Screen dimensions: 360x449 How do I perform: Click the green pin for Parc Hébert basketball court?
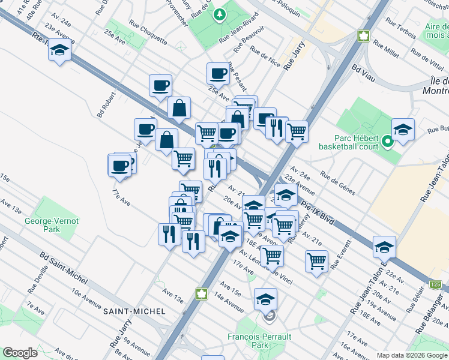(x=388, y=143)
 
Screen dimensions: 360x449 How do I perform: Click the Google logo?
(x=20, y=352)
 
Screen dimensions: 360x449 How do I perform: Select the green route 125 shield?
(x=436, y=283)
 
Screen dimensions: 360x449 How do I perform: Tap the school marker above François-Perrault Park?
(x=265, y=299)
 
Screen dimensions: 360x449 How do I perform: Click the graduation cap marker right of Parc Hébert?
(x=403, y=128)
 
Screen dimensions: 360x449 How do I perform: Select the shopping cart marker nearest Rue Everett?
(x=316, y=261)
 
